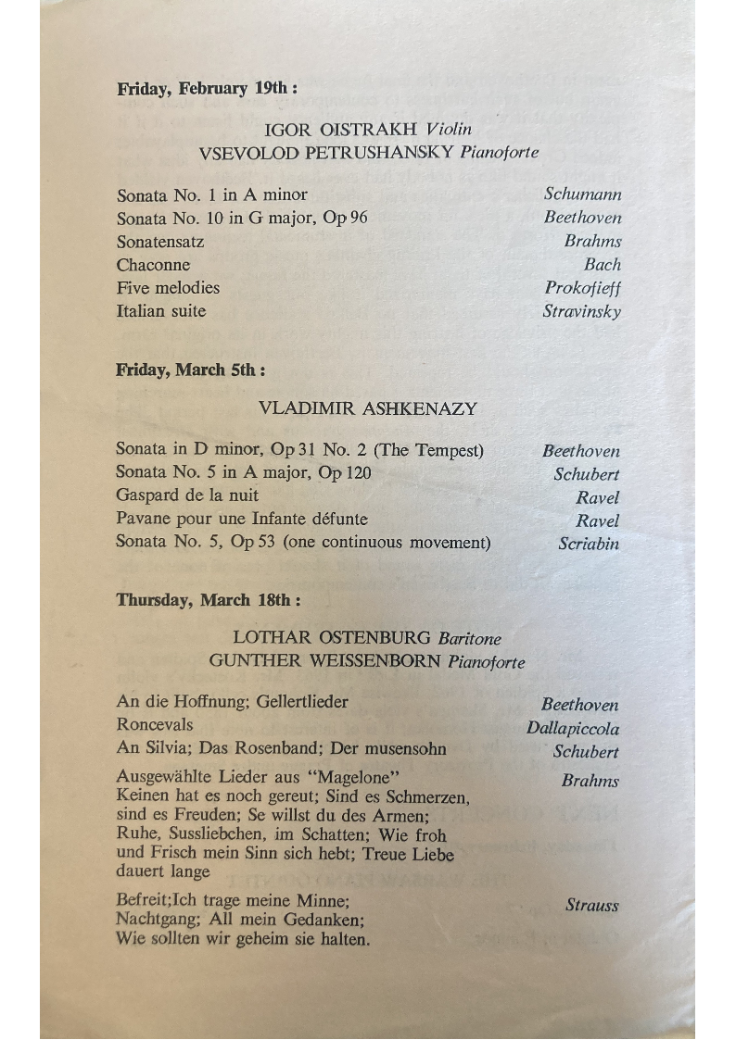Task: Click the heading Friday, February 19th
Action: (x=207, y=90)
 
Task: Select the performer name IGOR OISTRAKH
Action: (x=340, y=130)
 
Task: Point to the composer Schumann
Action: (x=582, y=194)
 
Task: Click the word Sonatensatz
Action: (x=160, y=242)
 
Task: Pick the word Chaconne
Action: (x=154, y=265)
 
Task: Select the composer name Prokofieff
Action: (x=582, y=288)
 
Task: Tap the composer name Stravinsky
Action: (x=581, y=311)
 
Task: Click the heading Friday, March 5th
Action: (x=191, y=370)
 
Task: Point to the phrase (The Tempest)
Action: (x=428, y=451)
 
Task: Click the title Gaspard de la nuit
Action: (x=187, y=496)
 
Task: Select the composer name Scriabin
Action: (x=589, y=544)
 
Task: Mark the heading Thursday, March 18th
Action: (x=208, y=600)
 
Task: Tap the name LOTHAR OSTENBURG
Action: (x=332, y=638)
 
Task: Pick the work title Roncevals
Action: (x=155, y=725)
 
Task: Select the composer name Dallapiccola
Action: (x=573, y=729)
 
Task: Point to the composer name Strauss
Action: (x=591, y=906)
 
